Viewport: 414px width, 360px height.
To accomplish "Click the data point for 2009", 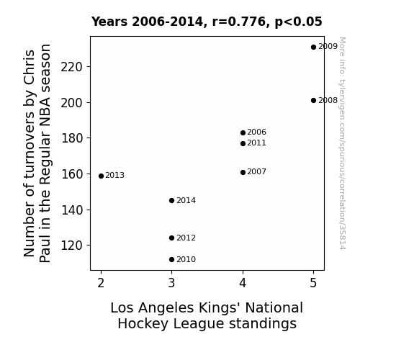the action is point(313,48).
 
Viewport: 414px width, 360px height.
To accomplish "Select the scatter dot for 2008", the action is point(313,100).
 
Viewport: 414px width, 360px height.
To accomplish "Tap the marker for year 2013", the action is point(101,176).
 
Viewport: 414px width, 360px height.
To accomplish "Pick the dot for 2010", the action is point(171,260).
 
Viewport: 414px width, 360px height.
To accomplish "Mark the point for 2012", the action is point(171,238).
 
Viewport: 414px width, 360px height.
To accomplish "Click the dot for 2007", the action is point(243,173).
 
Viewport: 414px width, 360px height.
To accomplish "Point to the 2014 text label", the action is point(186,201).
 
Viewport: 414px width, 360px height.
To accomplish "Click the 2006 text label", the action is point(256,132).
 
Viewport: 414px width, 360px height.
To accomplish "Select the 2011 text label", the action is point(256,143).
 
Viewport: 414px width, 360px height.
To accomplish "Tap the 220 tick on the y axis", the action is point(72,67).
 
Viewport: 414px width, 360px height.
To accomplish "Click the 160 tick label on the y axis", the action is point(72,174).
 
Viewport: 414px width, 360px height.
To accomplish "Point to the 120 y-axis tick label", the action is point(72,246).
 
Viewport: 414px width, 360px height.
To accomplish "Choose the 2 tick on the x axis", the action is point(101,283).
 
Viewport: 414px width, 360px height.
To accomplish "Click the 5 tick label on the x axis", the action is point(313,283).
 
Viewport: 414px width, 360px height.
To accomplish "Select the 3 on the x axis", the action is point(171,283).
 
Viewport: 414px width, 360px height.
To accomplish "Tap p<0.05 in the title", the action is point(299,22).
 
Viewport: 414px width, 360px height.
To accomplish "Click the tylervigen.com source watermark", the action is point(342,143).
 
